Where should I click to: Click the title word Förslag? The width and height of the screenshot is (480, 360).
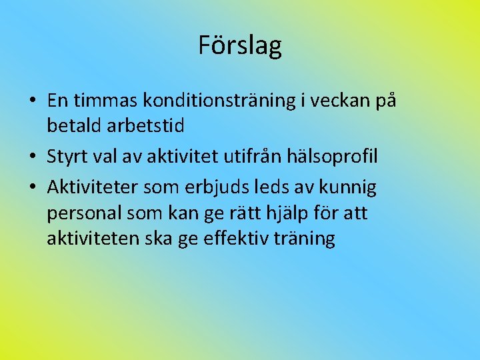click(240, 45)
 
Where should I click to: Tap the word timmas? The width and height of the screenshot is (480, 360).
click(106, 101)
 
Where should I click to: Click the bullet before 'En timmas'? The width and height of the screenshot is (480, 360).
click(32, 101)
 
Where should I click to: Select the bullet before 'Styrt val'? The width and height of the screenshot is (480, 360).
click(32, 157)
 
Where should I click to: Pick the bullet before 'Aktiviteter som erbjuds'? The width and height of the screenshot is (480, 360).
click(32, 189)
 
